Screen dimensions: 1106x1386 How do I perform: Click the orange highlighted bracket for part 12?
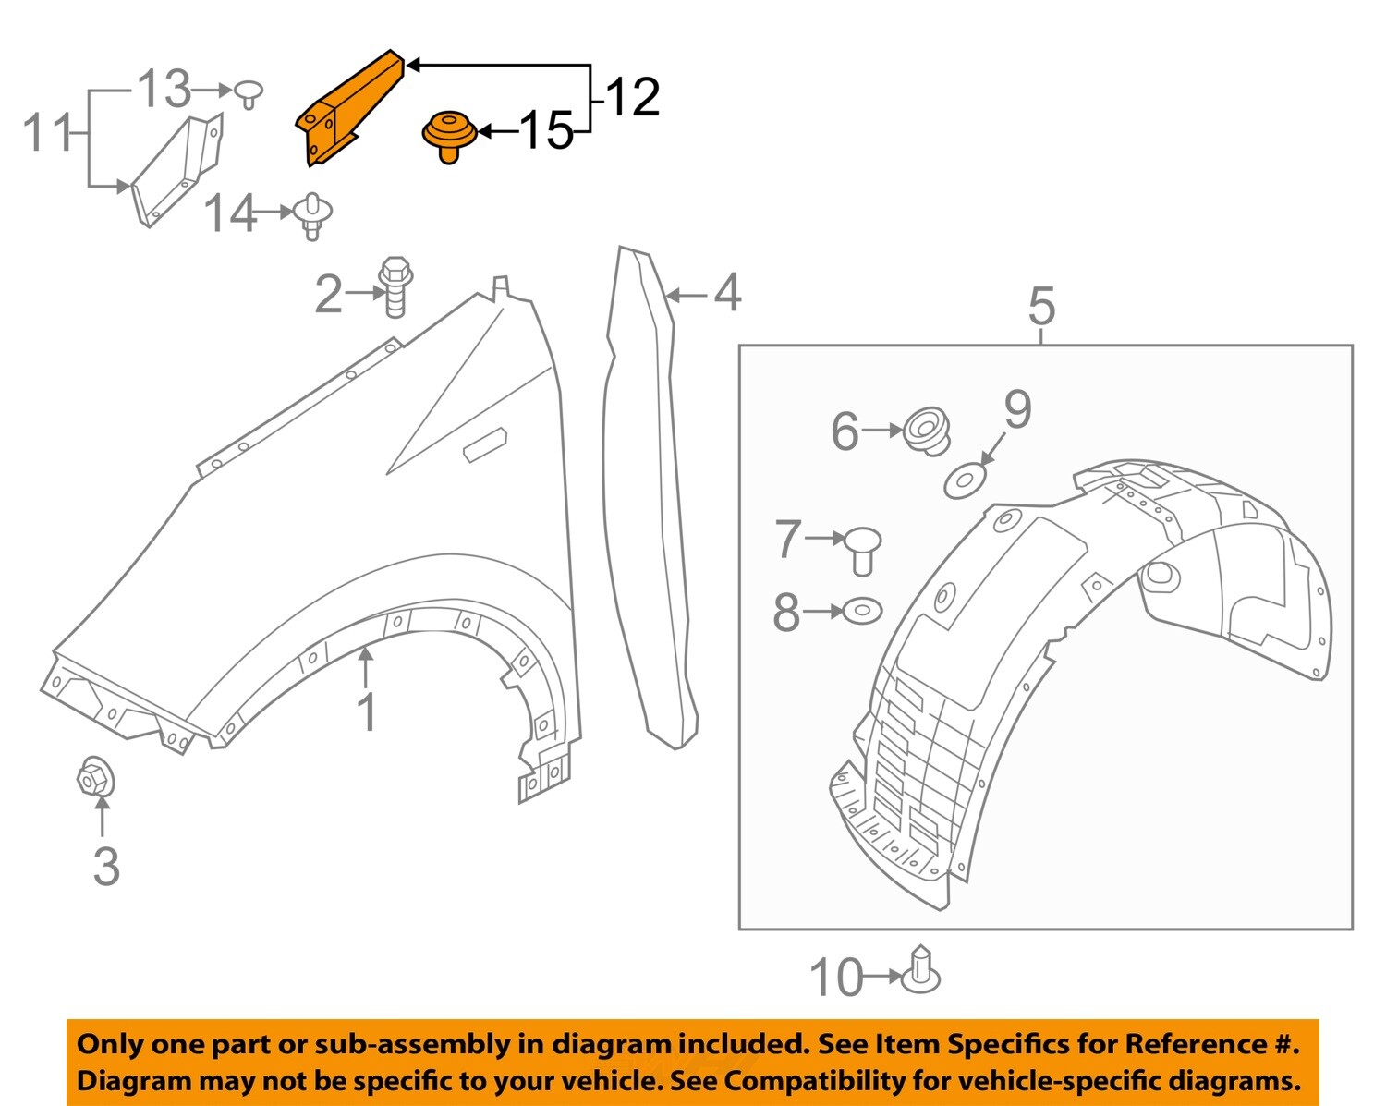348,109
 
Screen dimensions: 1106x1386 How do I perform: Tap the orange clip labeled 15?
448,135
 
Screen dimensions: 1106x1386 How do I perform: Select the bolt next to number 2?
395,286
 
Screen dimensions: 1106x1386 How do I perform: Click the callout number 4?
727,292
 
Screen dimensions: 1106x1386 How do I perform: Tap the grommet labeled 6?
927,431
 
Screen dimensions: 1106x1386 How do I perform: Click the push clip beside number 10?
922,972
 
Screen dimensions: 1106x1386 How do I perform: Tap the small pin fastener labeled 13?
248,92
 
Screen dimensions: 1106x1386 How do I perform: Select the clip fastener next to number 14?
313,215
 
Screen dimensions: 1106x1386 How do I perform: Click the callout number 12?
632,97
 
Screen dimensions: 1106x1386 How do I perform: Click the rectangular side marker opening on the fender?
485,444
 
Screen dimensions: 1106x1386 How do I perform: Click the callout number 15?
546,130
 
